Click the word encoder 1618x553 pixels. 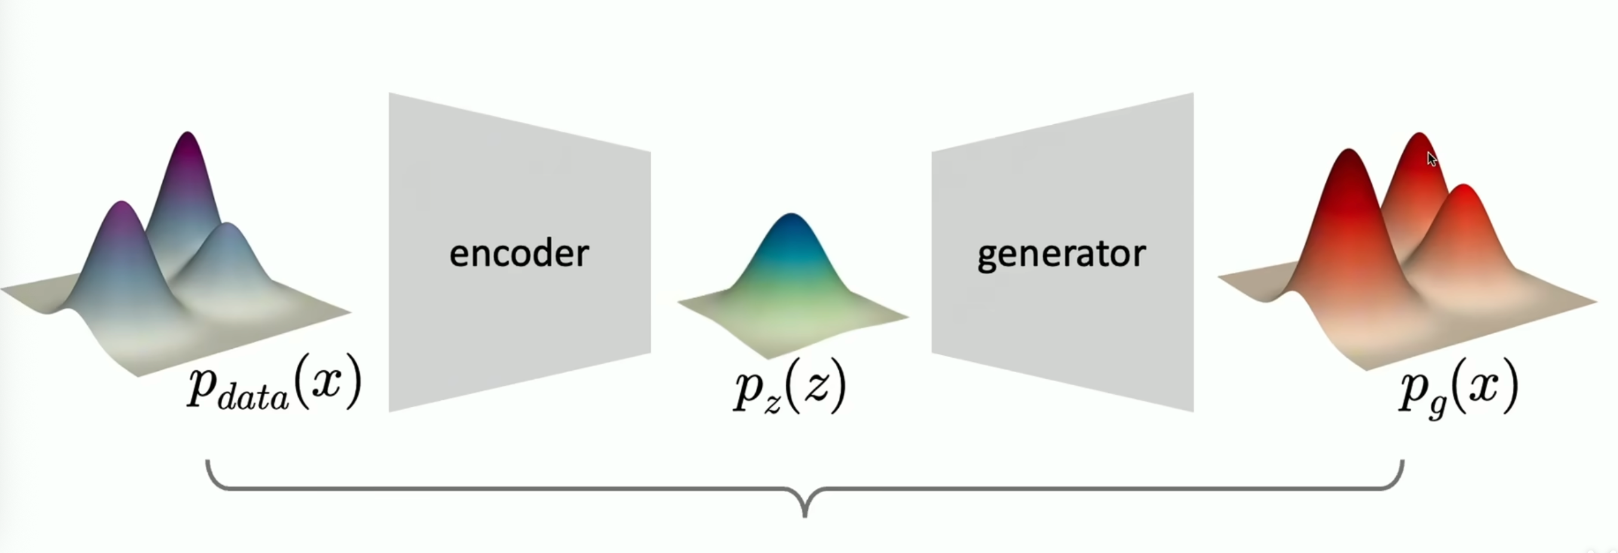click(x=519, y=254)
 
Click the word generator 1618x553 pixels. click(x=1061, y=255)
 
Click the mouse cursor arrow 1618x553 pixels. click(x=1432, y=159)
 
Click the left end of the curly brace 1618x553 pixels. click(x=208, y=465)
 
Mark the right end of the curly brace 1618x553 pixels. click(x=1402, y=465)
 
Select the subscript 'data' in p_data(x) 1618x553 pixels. click(x=253, y=398)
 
